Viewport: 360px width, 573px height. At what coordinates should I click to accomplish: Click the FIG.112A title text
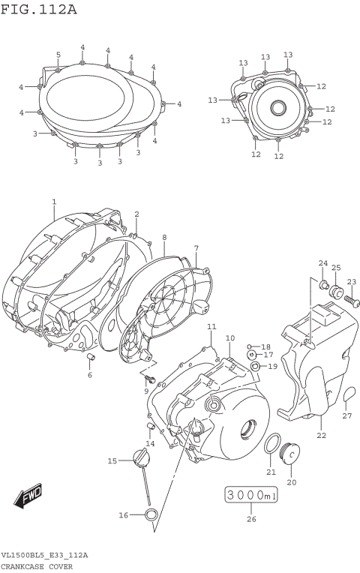39,10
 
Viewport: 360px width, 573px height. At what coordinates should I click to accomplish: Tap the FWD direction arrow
29,496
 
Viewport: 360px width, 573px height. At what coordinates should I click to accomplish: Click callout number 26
251,518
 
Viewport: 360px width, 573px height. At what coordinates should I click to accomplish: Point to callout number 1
54,202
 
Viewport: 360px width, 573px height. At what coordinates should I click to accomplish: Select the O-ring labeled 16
151,514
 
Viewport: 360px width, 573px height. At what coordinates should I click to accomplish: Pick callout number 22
321,435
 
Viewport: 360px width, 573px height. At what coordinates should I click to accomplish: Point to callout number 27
346,416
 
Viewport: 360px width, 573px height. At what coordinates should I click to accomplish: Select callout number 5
58,55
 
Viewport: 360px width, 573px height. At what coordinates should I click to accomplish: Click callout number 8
163,237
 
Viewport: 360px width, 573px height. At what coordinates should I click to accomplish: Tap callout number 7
196,248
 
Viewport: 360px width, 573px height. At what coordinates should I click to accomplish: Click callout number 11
211,327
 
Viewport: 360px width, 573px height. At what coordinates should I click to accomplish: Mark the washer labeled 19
256,366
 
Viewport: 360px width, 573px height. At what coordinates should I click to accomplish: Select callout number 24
322,263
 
